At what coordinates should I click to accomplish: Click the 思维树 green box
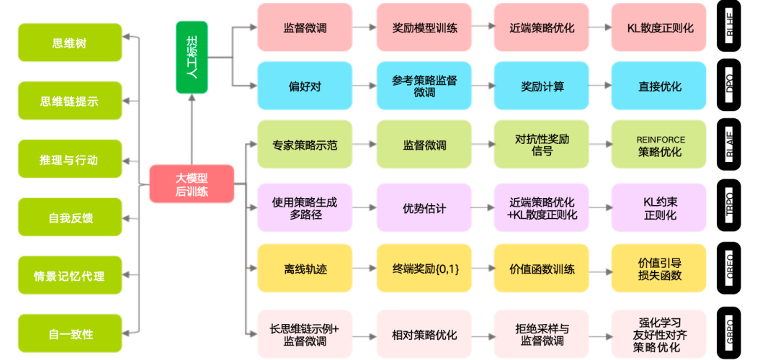[70, 42]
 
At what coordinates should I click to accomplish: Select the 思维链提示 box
[70, 101]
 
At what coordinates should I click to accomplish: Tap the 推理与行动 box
[70, 159]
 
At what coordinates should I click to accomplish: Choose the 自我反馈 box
[70, 217]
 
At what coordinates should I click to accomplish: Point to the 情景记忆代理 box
[70, 276]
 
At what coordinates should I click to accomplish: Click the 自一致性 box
[70, 334]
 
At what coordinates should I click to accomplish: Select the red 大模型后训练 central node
[192, 184]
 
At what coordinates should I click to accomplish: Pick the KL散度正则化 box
[659, 28]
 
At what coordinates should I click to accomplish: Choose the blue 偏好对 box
[305, 86]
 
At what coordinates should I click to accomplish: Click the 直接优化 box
[659, 86]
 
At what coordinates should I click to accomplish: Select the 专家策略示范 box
[305, 145]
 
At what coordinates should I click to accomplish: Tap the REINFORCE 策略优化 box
[659, 145]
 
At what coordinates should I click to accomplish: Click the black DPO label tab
[729, 86]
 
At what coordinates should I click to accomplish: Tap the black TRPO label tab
[729, 209]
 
